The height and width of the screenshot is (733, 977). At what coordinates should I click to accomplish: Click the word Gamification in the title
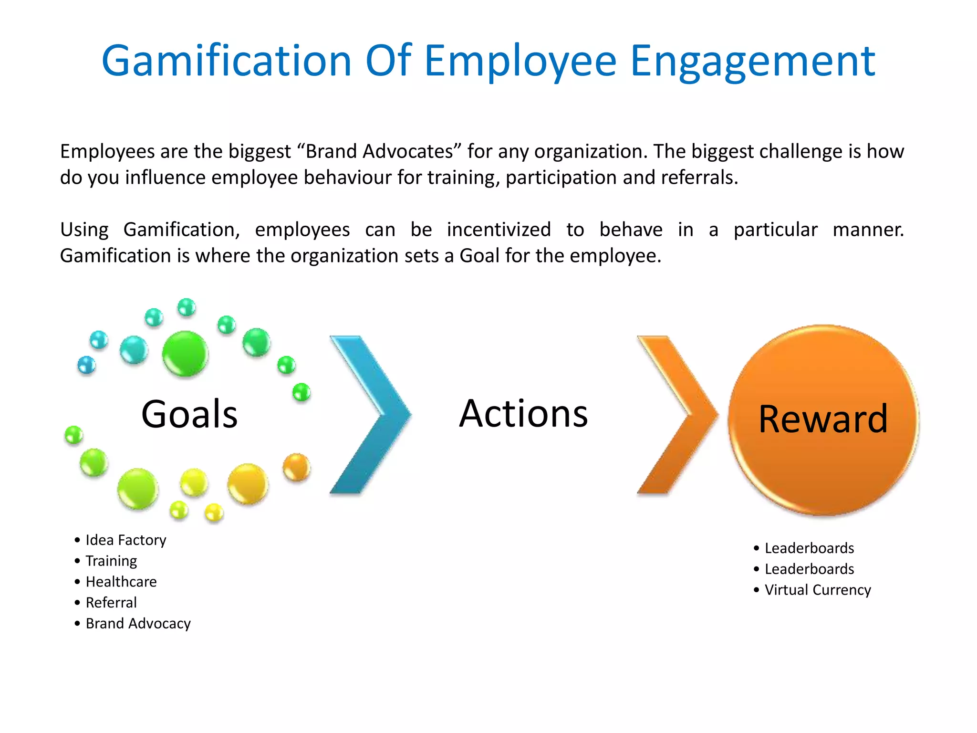[x=227, y=61]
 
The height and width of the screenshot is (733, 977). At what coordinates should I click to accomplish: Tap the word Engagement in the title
[x=752, y=61]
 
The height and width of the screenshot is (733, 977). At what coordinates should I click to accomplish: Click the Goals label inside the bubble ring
[x=189, y=414]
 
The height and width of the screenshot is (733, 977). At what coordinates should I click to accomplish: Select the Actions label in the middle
[x=523, y=413]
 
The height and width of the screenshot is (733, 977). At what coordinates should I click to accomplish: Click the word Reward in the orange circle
[x=823, y=419]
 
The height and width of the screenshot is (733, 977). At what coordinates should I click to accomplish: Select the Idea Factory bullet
[x=125, y=540]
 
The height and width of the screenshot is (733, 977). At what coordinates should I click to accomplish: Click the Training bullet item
[x=111, y=561]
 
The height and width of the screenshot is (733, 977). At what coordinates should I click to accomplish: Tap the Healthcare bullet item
[x=121, y=582]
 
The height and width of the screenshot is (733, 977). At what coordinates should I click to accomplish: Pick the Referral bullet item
[x=111, y=603]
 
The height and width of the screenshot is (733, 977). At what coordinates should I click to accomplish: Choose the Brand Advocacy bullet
[x=138, y=624]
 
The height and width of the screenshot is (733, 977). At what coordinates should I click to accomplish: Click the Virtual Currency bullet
[x=818, y=590]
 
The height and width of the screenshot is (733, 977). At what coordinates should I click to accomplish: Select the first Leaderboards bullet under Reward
[x=809, y=548]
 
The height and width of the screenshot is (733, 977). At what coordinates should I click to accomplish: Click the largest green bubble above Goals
[x=185, y=354]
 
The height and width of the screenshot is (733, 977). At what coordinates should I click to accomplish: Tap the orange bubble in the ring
[x=296, y=467]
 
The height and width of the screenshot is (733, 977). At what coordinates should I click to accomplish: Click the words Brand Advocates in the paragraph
[x=379, y=152]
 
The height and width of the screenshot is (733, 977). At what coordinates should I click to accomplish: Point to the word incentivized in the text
[x=499, y=230]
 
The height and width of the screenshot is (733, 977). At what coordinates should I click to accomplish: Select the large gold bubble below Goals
[x=248, y=483]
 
